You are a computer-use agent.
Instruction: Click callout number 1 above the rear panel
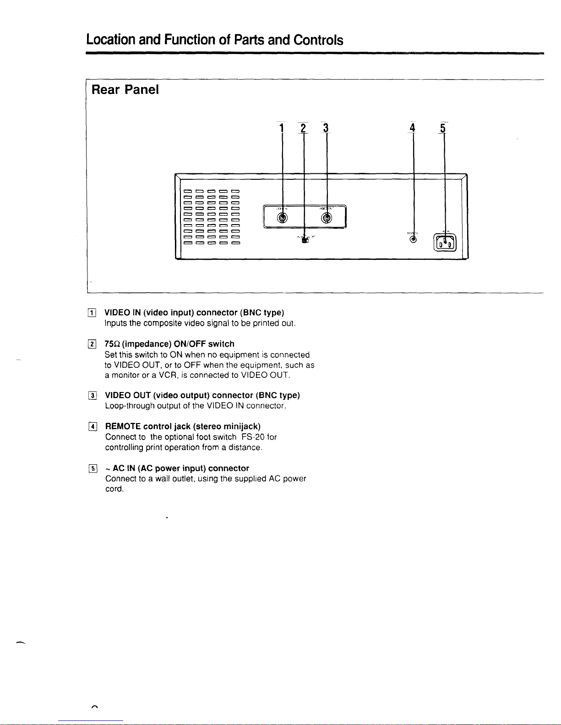(x=282, y=128)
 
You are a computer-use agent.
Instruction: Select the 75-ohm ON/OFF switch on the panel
(x=305, y=241)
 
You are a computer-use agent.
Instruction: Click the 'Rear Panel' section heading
(x=125, y=90)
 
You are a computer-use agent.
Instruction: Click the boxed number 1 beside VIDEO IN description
(x=93, y=313)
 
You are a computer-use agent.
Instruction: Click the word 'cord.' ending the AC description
(x=114, y=489)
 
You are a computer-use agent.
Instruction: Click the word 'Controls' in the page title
(x=318, y=40)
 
